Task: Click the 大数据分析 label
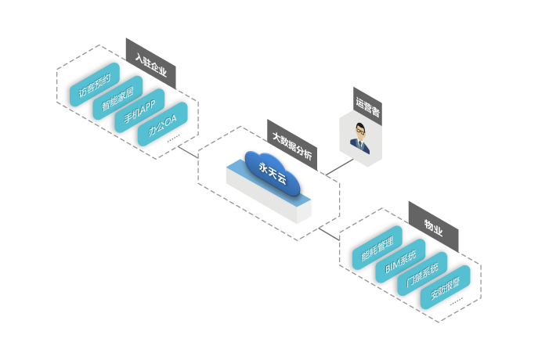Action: (x=291, y=146)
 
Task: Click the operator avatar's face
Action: (x=361, y=131)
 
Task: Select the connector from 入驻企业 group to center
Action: (x=187, y=150)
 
